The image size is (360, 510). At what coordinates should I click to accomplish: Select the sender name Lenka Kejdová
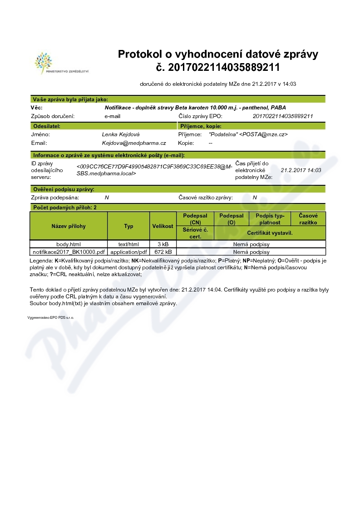121,134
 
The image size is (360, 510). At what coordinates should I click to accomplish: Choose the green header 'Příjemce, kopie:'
201,126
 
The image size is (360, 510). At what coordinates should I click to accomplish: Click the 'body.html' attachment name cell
69,244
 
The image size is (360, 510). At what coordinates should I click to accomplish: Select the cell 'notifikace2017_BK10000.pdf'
69,252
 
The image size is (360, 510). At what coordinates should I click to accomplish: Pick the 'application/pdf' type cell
129,252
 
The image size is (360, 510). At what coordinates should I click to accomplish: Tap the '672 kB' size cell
163,252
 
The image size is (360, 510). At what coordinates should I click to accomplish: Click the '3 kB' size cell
163,244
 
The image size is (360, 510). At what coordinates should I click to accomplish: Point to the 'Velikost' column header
163,226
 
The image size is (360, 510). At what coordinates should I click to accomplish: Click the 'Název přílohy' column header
69,226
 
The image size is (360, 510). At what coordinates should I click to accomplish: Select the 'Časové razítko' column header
308,219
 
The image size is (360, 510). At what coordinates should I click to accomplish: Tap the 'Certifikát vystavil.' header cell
270,233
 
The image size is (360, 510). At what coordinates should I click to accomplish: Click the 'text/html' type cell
128,244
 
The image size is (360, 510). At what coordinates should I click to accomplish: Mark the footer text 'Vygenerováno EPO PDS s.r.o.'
50,318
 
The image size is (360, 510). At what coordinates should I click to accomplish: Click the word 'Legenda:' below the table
41,261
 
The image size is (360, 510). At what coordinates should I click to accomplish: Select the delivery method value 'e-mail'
113,116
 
